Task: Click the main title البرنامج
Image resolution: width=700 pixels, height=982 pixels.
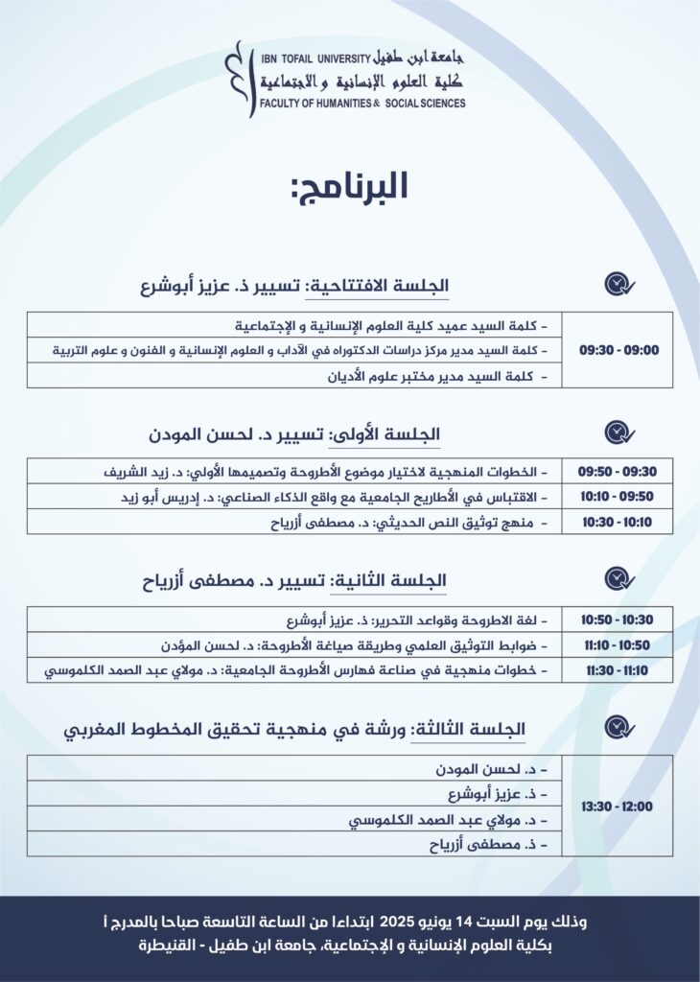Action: click(348, 186)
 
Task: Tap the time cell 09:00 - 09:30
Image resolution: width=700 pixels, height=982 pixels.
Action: click(618, 350)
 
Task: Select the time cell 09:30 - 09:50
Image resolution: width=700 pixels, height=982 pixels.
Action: click(618, 472)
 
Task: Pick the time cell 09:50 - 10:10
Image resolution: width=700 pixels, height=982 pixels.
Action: click(618, 497)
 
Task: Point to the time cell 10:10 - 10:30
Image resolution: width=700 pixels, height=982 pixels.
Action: click(618, 522)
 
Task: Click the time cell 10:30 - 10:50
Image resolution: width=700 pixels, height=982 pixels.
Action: click(618, 620)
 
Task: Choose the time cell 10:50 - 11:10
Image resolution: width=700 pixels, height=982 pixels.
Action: click(618, 645)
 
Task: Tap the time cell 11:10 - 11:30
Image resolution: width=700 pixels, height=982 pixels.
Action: click(618, 670)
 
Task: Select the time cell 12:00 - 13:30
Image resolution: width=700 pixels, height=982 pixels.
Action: click(618, 807)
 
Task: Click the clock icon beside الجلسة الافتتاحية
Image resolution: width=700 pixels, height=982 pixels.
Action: click(618, 285)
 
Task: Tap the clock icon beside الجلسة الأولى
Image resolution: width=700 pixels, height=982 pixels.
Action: click(618, 433)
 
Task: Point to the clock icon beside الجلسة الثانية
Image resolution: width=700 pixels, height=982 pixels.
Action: click(618, 579)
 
